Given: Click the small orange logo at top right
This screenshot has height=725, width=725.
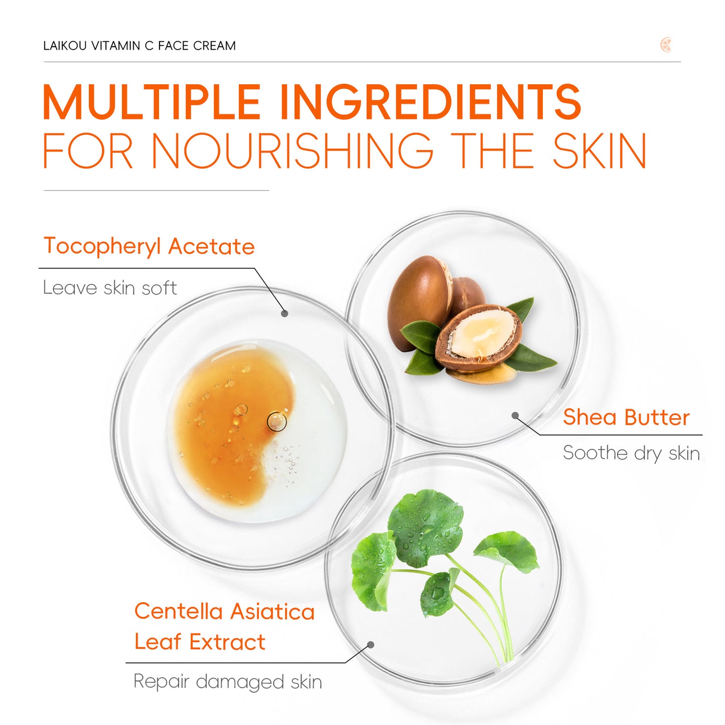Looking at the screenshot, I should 666,45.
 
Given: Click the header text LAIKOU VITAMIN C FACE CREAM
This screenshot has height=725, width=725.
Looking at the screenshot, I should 139,46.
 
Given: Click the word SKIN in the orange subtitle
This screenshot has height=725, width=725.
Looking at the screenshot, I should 600,151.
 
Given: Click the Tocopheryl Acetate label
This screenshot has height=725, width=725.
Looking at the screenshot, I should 149,246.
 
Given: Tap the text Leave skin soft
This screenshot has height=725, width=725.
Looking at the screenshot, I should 110,288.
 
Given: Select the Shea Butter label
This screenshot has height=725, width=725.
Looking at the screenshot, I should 626,417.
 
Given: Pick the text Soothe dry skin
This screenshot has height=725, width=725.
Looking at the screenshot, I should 631,453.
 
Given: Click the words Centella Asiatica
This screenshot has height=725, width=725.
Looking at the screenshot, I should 224,612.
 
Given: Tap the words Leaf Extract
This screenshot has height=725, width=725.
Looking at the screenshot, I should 200,642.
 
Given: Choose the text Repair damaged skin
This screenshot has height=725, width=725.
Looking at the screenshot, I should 227,682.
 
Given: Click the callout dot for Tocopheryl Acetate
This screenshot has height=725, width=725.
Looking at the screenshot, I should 284,314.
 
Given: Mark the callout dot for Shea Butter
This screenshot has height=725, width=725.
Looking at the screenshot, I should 515,415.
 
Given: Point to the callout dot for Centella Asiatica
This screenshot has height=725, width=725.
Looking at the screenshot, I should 371,645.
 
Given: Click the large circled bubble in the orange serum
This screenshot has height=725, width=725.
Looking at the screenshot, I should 276,421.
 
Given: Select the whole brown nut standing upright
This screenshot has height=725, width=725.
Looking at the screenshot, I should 419,299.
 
